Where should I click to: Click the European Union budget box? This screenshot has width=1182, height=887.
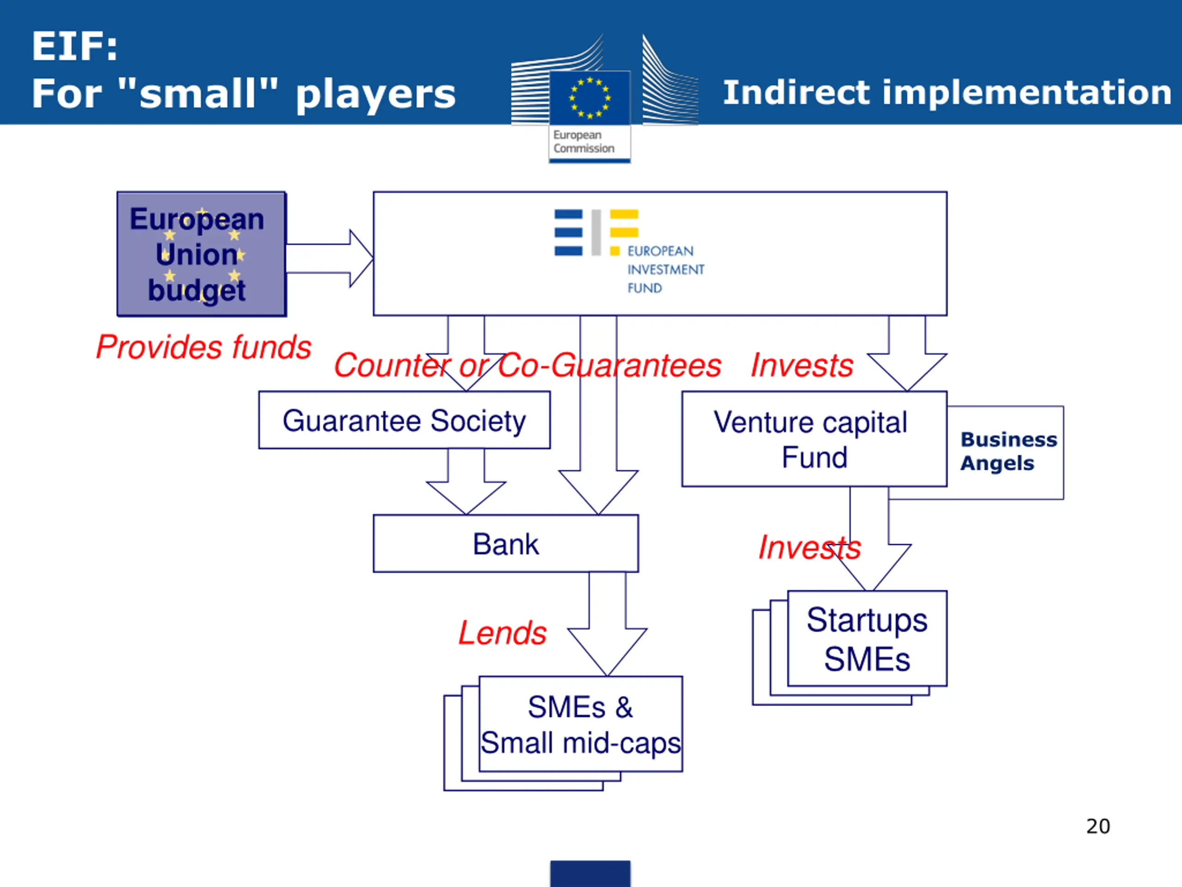click(201, 254)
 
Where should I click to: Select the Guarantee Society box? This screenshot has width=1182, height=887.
click(404, 420)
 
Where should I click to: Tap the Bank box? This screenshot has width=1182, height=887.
click(506, 544)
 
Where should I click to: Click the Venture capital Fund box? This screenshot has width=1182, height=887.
click(814, 439)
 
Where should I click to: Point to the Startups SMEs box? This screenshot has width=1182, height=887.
click(867, 638)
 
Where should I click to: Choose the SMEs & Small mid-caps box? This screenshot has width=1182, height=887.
click(580, 724)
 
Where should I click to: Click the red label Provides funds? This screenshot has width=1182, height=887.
click(203, 347)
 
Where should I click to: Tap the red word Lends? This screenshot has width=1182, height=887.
click(502, 633)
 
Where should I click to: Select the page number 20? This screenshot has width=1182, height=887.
click(1098, 826)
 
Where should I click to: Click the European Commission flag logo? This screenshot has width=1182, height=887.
click(590, 98)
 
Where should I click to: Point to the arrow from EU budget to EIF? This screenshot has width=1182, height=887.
click(329, 259)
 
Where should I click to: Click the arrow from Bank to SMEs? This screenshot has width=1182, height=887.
click(607, 626)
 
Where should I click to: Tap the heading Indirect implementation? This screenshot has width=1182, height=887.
click(947, 92)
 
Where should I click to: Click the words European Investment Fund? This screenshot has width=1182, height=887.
click(665, 269)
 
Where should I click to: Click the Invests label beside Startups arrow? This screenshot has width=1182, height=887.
click(809, 547)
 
